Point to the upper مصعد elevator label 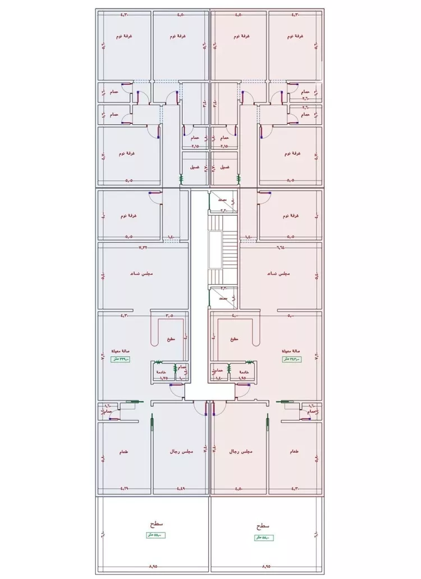[222, 200]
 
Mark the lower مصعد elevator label [222, 299]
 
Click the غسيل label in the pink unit [224, 167]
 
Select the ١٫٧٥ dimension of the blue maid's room [164, 379]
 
